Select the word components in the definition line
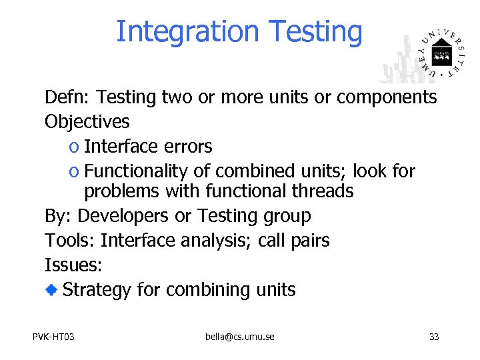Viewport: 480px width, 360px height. click(387, 98)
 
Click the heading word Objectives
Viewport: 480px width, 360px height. click(87, 122)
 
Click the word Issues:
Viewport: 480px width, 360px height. click(73, 265)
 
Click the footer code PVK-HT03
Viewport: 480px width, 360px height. click(53, 337)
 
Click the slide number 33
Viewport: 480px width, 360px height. click(434, 337)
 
